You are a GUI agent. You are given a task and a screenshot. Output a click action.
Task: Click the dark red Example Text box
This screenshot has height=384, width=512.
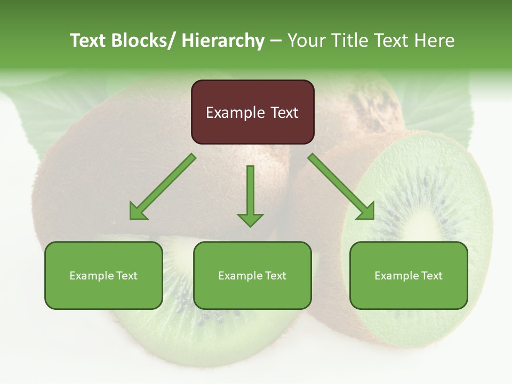click(252, 112)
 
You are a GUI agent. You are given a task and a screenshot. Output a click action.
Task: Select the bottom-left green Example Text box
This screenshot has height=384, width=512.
click(103, 276)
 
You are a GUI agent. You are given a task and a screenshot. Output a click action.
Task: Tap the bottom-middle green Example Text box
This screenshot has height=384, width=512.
click(252, 276)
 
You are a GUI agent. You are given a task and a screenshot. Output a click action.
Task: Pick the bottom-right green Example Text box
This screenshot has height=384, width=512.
click(409, 276)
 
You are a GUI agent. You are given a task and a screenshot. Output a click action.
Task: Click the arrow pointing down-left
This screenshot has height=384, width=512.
click(163, 187)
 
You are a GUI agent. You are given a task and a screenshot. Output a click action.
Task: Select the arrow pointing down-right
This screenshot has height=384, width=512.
click(341, 187)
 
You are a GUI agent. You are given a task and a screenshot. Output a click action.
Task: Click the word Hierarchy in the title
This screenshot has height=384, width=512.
click(223, 41)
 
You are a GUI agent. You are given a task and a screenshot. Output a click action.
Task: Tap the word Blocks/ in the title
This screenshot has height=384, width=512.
click(141, 41)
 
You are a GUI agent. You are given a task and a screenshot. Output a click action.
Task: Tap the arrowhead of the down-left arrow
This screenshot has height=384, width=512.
click(138, 212)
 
